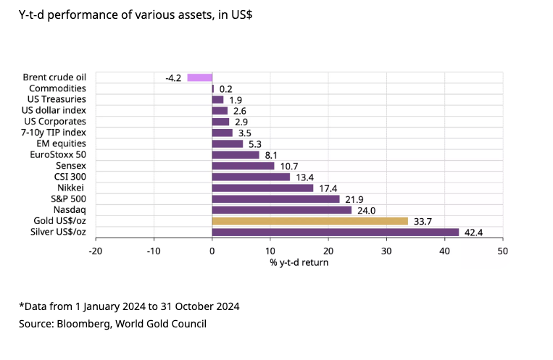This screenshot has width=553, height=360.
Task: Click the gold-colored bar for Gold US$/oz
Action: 310,221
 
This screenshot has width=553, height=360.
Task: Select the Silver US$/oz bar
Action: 336,233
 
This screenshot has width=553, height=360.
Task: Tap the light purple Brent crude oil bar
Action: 199,78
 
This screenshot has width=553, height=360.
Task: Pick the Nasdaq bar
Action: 281,210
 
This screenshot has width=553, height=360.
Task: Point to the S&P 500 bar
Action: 275,199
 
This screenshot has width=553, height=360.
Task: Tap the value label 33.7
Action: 422,221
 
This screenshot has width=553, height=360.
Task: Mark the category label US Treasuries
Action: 57,99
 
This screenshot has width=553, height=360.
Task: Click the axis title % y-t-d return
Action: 299,262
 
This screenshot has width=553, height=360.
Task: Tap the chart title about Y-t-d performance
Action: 135,14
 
